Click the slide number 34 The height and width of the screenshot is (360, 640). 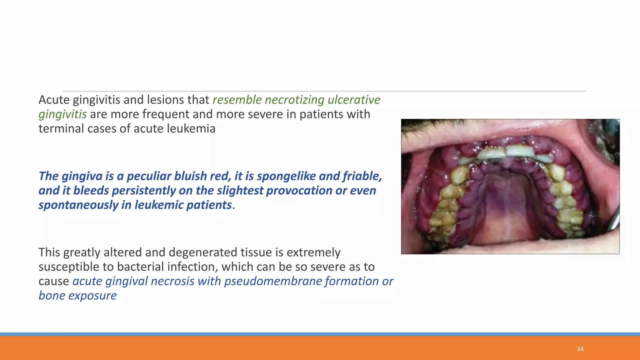coord(580,349)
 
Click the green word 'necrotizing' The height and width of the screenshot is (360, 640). coord(294,100)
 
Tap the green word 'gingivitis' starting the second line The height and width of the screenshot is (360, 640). coord(62,114)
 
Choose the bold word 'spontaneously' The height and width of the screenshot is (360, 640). coord(78,205)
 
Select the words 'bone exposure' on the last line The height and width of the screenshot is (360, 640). coord(77,296)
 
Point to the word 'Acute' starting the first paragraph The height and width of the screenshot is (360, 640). coord(54,100)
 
